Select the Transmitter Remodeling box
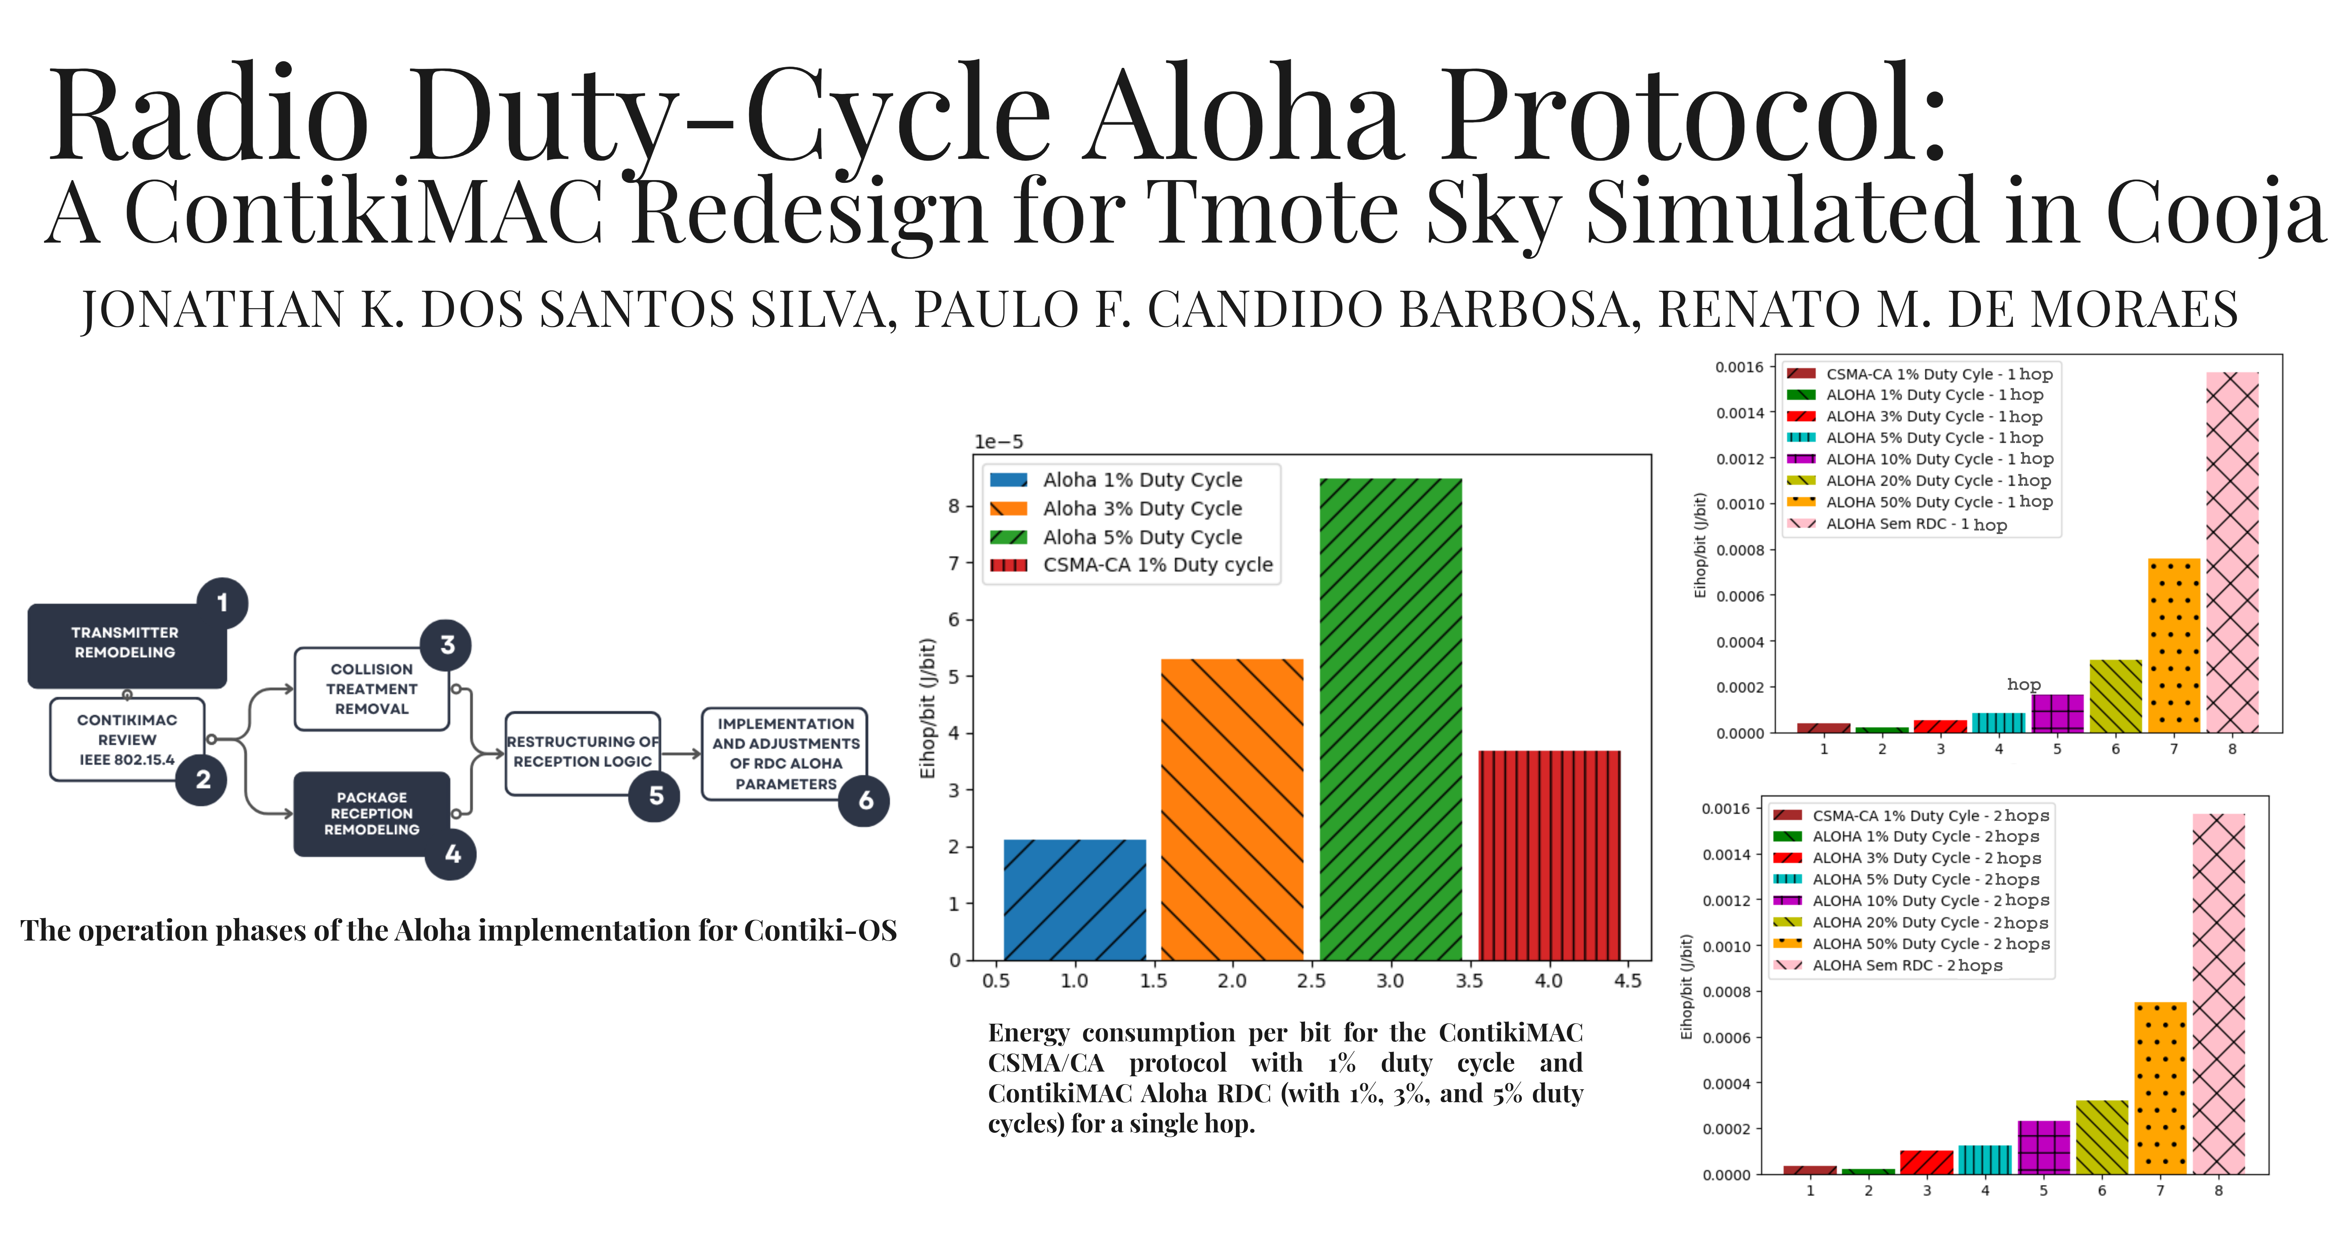tap(126, 644)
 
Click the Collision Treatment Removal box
tap(371, 689)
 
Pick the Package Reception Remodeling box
tap(371, 813)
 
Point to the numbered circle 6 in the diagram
tap(865, 800)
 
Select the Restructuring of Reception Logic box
tap(582, 752)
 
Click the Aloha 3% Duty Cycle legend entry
tap(1141, 509)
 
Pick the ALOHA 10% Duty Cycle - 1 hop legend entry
tap(1939, 459)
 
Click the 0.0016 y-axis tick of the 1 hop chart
tap(1739, 367)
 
